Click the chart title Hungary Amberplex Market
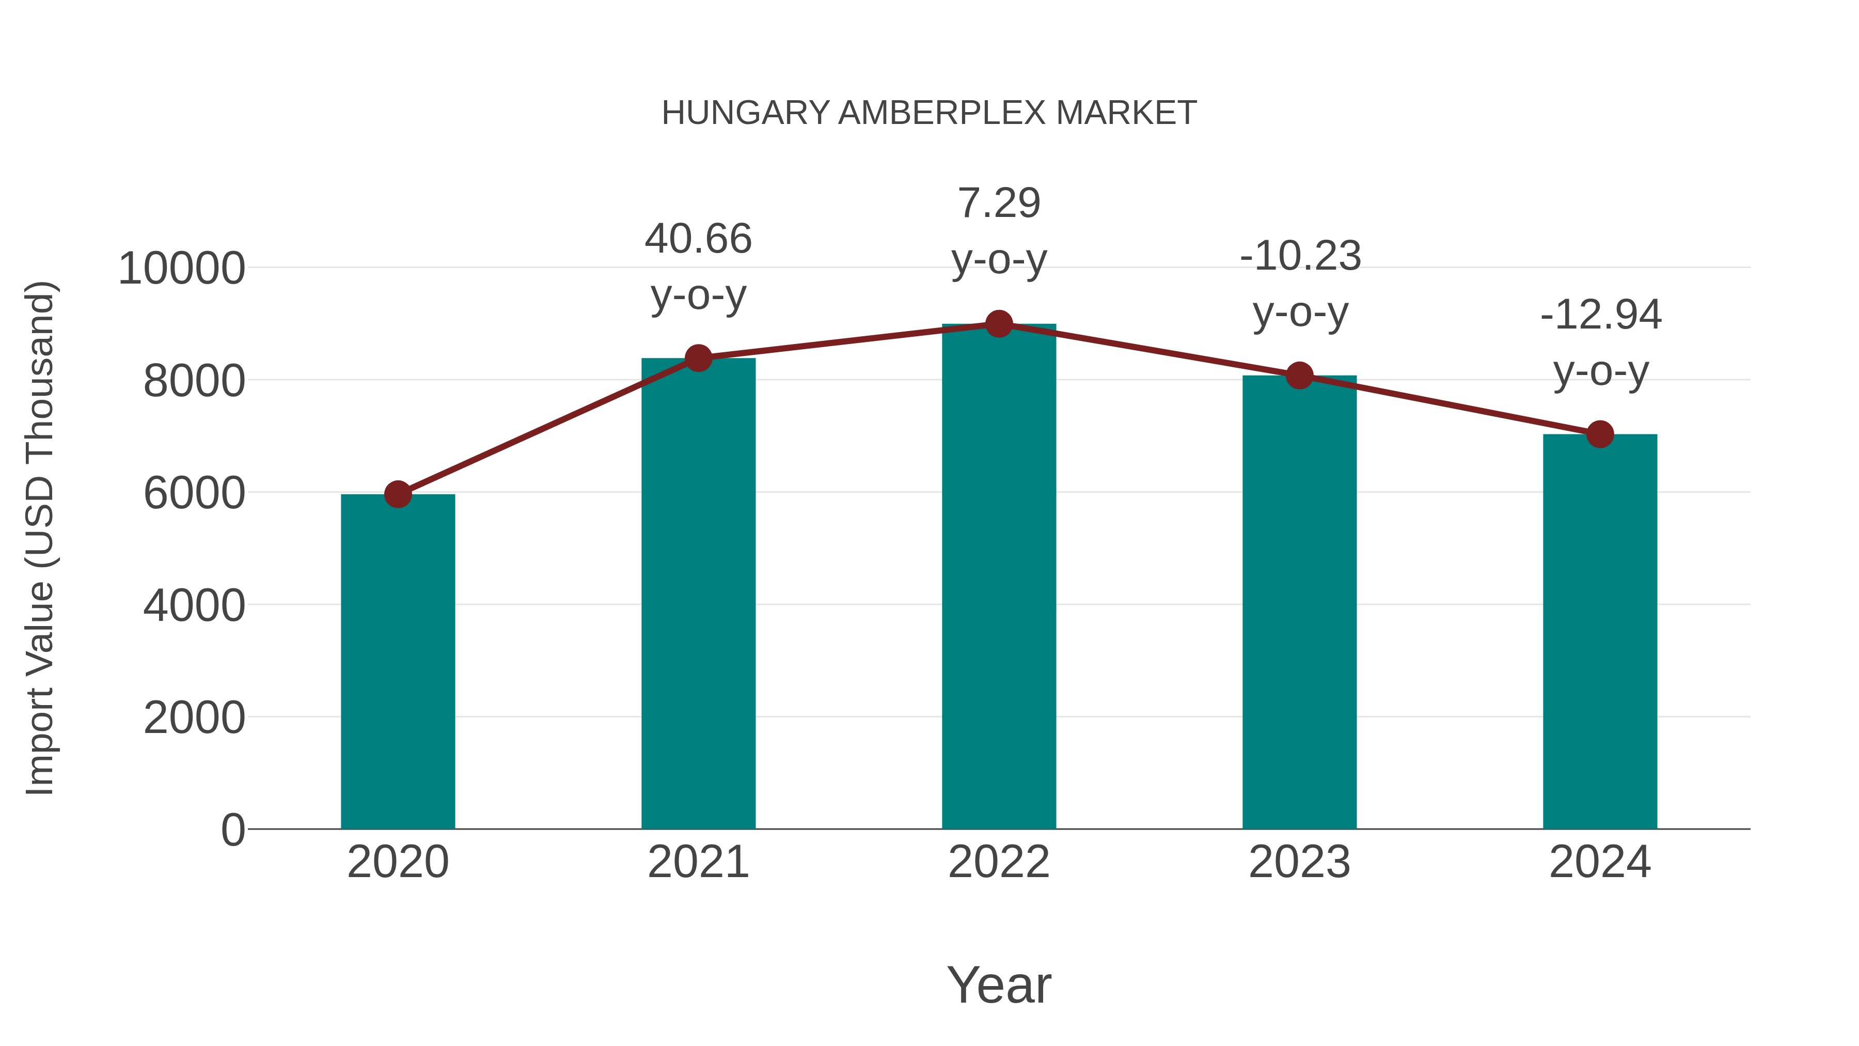click(929, 113)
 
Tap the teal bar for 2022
click(999, 577)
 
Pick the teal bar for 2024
click(1600, 632)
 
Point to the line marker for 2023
click(1300, 376)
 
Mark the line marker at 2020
click(398, 494)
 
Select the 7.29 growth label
click(999, 231)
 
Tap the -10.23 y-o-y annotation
click(1300, 285)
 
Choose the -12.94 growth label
click(1601, 343)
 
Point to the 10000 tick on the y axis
click(182, 269)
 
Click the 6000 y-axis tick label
click(194, 494)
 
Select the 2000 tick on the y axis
click(194, 719)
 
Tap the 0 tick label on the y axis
click(233, 830)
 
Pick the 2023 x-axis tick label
click(1300, 862)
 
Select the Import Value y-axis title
click(40, 538)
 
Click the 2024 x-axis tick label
click(1600, 862)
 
